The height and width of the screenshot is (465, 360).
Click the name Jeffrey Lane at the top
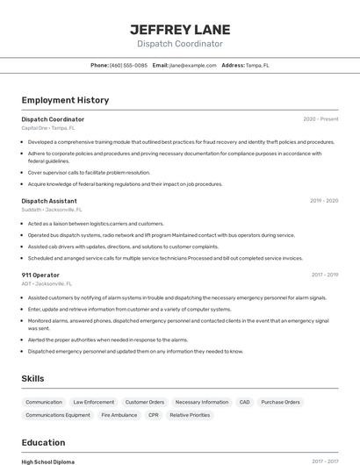coord(179,29)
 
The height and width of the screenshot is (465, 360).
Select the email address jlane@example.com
coord(193,66)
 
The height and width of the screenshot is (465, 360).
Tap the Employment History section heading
coord(65,100)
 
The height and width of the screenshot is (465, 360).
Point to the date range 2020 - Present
coord(320,119)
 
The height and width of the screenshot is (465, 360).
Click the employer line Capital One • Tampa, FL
coord(48,128)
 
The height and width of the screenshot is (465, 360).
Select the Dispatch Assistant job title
coord(49,201)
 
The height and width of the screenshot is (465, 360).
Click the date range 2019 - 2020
coord(323,201)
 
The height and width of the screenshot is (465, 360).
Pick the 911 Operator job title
coord(40,275)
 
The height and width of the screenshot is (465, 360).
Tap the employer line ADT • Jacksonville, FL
coord(47,284)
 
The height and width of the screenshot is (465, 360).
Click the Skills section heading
coord(33,378)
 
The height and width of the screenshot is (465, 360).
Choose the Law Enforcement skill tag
coord(93,402)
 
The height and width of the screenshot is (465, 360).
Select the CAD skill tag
coord(244,402)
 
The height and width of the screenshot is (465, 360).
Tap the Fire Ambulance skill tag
coord(119,415)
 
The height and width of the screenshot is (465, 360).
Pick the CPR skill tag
coord(154,415)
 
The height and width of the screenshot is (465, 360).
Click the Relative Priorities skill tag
coord(190,415)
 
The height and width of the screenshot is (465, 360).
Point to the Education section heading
coord(43,442)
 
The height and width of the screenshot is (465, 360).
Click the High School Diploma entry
coord(48,461)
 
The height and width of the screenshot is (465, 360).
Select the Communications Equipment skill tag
coord(58,415)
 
